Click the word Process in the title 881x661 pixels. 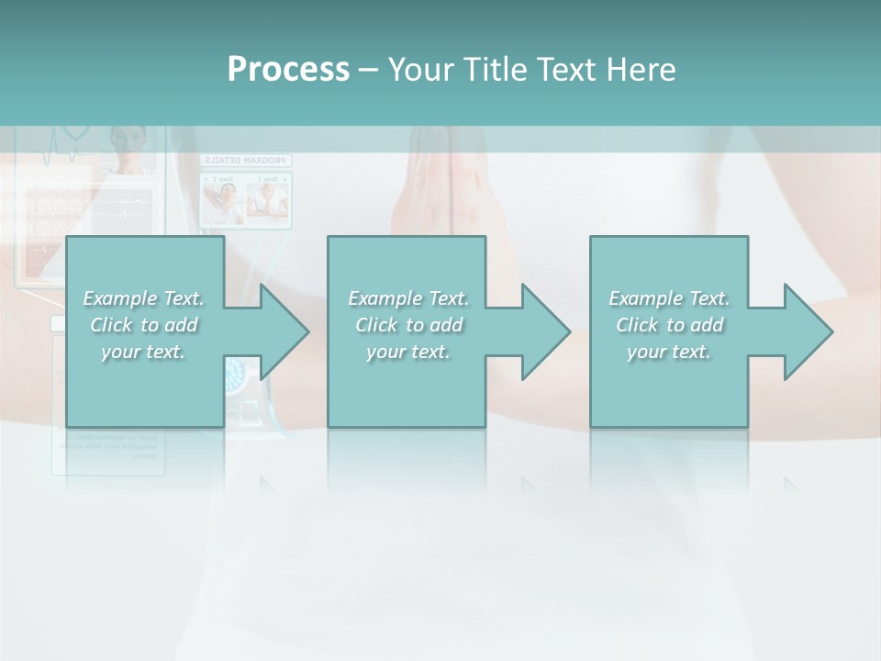288,70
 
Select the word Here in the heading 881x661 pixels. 641,70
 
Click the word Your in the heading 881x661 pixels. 419,70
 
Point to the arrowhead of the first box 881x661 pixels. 281,332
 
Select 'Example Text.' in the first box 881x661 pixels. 143,298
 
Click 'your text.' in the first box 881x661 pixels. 143,352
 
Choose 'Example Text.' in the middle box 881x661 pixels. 408,298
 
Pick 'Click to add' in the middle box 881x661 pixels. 408,325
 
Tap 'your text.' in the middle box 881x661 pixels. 408,352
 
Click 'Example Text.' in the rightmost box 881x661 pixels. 669,298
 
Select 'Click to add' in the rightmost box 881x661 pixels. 669,325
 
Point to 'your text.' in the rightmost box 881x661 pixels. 669,352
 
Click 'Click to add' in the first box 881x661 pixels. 143,325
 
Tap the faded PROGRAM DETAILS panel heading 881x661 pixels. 245,161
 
